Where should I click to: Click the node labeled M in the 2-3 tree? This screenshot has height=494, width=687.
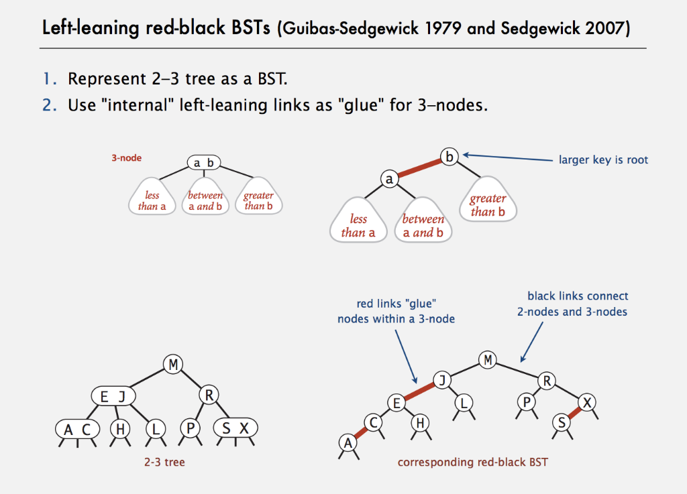[173, 365]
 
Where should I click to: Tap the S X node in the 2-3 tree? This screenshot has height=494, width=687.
[235, 428]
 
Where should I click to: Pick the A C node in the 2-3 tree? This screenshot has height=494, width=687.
[77, 429]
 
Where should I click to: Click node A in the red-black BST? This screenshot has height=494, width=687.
[348, 442]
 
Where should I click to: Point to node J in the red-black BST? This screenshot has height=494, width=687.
[441, 381]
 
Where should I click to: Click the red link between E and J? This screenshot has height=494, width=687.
[419, 391]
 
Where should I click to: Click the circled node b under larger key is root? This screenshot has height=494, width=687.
[449, 158]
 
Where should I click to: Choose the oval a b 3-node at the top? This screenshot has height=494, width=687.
[204, 163]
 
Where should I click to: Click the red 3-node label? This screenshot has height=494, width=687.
[126, 159]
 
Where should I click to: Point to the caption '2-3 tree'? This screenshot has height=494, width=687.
[164, 462]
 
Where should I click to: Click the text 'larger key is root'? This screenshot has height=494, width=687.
[603, 160]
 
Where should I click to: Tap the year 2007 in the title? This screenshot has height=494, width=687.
[604, 29]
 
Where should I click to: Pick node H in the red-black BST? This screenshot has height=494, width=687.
[421, 422]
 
